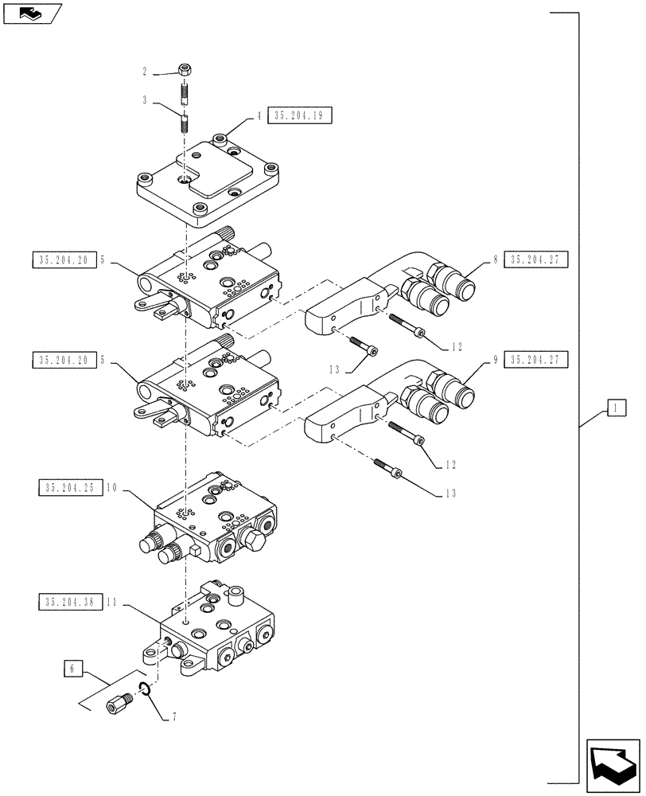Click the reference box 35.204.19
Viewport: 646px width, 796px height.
coord(299,116)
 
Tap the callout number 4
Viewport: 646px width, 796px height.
coord(259,116)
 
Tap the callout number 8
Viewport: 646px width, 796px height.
coord(495,259)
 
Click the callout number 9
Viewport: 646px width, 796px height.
coord(495,360)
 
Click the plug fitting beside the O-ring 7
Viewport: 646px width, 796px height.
coord(121,704)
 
